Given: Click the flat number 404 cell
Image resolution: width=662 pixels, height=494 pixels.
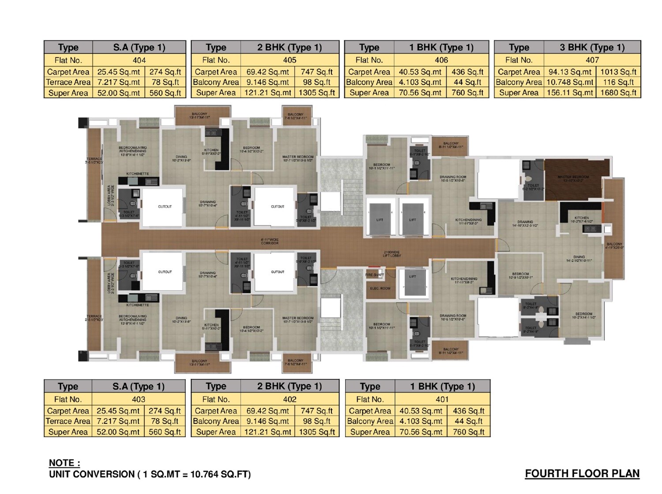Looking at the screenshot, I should [139, 60].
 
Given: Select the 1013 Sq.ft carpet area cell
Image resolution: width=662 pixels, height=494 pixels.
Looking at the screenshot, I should [618, 71].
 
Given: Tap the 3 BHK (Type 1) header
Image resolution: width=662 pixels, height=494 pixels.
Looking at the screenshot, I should [592, 47].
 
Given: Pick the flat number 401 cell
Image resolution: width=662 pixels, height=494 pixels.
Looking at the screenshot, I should [442, 399].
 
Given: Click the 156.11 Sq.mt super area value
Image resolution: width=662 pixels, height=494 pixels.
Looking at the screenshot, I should [570, 93].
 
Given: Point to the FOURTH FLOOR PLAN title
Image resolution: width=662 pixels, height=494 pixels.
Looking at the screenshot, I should [582, 474].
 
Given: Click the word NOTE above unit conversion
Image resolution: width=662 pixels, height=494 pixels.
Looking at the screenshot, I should [64, 463].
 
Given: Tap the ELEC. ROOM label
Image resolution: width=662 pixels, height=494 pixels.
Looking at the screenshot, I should [380, 288].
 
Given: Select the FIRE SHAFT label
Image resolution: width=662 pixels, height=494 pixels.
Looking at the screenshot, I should [375, 275].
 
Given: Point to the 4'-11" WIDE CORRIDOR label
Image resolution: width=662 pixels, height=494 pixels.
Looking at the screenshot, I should [269, 241].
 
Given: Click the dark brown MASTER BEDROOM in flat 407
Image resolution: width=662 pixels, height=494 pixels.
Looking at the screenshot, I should [574, 179].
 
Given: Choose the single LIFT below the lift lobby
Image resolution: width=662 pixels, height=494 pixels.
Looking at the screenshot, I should [413, 282].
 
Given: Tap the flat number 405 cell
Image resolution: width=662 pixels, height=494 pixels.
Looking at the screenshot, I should [290, 60].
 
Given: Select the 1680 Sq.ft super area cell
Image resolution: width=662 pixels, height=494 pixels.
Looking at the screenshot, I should [618, 93].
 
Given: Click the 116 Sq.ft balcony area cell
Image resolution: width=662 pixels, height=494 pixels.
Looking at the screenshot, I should [618, 82].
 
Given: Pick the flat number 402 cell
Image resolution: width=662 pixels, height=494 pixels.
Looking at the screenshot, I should [290, 399].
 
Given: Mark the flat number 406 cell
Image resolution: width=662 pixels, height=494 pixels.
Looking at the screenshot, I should [441, 60].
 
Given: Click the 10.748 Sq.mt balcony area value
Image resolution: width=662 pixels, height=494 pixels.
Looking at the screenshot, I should [570, 82].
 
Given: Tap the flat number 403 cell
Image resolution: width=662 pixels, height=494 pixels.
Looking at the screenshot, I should [139, 399].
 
